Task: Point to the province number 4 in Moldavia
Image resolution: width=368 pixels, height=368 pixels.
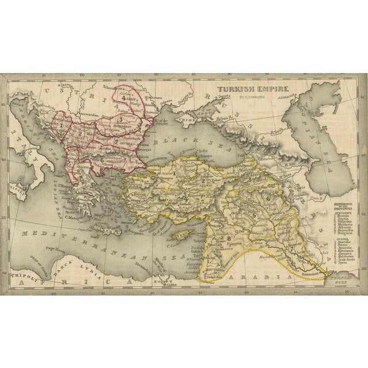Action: coord(123,98)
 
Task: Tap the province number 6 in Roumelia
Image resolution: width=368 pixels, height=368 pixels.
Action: coord(102,159)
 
